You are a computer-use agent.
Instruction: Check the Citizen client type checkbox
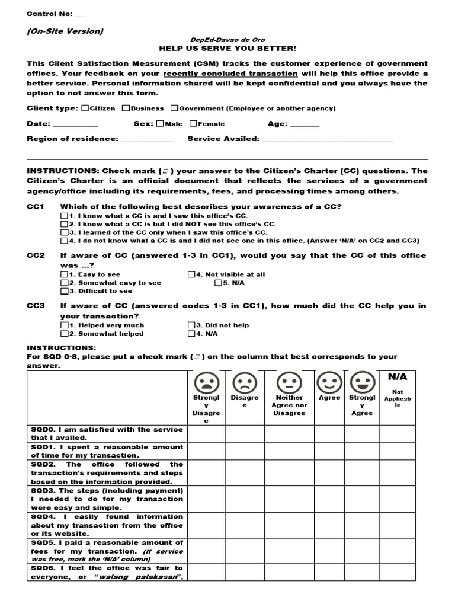[x=85, y=108]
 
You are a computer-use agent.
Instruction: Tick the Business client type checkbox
[x=126, y=108]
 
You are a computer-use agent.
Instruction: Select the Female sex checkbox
[x=193, y=124]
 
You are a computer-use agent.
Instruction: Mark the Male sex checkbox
[x=160, y=124]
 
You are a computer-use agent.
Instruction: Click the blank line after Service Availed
[x=327, y=140]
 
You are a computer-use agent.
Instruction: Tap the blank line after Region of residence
[x=148, y=140]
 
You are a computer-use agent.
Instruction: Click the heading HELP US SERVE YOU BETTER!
[x=227, y=48]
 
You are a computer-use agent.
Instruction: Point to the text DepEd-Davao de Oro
[x=227, y=40]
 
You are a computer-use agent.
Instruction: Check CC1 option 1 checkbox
[x=64, y=216]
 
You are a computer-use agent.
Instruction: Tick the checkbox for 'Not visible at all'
[x=191, y=274]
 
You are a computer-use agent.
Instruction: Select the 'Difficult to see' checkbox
[x=64, y=291]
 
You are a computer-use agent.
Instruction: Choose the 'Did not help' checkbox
[x=191, y=325]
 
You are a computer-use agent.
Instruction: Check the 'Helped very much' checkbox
[x=64, y=325]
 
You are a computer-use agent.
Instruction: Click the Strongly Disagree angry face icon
[x=206, y=381]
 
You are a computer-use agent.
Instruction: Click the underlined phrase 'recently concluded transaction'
[x=230, y=74]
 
